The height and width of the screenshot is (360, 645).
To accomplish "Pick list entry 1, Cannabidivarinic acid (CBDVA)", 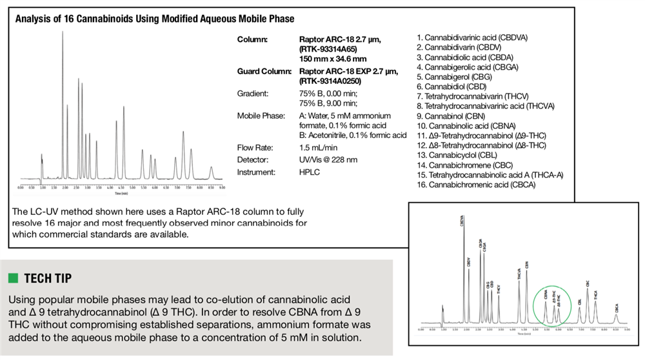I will tap(472, 37).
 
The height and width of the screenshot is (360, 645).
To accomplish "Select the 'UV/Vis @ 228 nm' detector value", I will tap(332, 160).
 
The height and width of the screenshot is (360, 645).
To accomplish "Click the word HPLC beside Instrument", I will tap(310, 172).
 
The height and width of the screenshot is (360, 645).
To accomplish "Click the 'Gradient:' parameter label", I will tap(252, 94).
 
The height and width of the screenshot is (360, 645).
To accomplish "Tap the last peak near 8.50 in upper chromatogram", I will tap(212, 171).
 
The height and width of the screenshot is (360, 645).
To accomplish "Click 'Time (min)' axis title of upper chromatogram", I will tap(121, 192).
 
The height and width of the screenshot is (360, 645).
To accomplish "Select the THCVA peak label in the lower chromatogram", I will tap(518, 274).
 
